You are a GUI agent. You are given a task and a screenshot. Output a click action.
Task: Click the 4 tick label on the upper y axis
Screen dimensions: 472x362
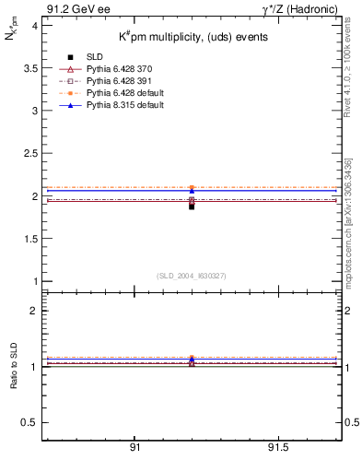[x=34, y=26]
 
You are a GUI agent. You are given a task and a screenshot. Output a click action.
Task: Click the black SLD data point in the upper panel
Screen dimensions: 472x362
[x=192, y=206]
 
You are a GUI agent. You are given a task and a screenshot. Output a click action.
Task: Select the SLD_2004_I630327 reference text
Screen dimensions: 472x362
[x=191, y=276]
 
